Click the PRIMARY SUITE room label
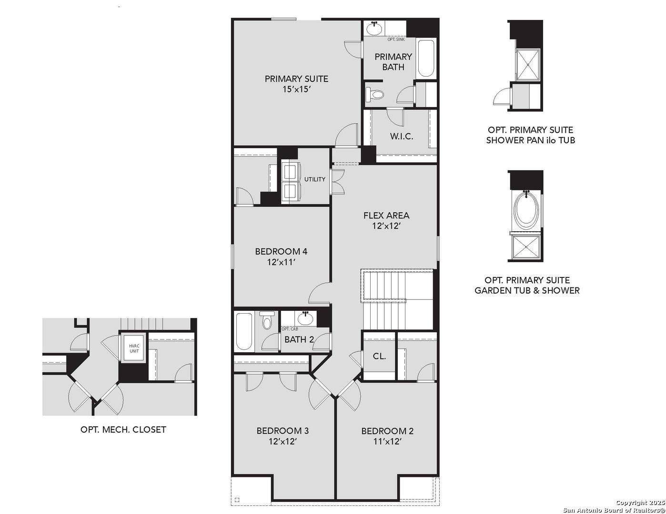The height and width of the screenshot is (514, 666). coord(296,79)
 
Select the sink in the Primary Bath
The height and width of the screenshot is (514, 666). coord(374,29)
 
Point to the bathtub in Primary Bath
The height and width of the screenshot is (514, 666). coord(426,59)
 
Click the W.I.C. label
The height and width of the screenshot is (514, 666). coord(402,137)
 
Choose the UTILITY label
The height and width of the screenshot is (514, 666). coord(315,179)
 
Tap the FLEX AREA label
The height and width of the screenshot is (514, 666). coord(386,216)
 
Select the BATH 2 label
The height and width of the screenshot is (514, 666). coord(299,340)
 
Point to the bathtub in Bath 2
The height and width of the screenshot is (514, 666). coord(244,332)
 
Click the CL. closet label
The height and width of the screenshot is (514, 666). coord(379,356)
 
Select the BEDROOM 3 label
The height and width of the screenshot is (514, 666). coord(283,431)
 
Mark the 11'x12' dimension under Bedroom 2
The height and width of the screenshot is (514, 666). coord(387,442)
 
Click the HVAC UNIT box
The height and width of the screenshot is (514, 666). coord(134,348)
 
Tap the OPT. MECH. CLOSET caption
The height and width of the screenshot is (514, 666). coord(123,430)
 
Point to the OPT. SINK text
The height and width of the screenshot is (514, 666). coord(396,40)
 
